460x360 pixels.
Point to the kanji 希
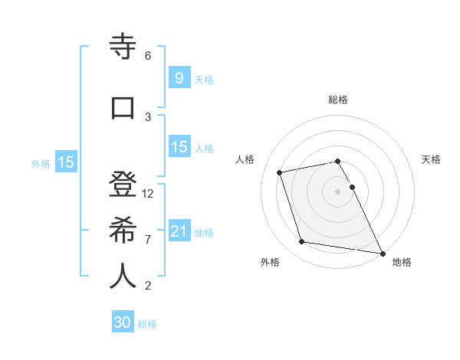[x=123, y=231]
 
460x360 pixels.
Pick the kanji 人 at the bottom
[x=123, y=276]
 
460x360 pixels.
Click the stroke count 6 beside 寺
[x=148, y=56]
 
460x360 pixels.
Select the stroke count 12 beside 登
[x=148, y=194]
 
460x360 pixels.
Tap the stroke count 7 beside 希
[x=148, y=239]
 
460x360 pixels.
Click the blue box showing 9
[x=179, y=78]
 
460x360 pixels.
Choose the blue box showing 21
[x=179, y=231]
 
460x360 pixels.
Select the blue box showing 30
[x=123, y=322]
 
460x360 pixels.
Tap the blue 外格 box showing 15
[x=66, y=162]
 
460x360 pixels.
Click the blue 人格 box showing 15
[x=179, y=147]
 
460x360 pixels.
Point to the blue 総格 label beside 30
[x=147, y=324]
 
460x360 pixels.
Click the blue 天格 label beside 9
[x=204, y=80]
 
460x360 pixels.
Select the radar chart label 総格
[x=338, y=100]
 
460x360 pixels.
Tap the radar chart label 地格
[x=402, y=262]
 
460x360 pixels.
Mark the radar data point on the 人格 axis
[x=280, y=172]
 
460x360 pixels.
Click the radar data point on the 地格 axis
[x=382, y=253]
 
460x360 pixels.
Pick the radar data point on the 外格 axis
[x=302, y=242]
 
